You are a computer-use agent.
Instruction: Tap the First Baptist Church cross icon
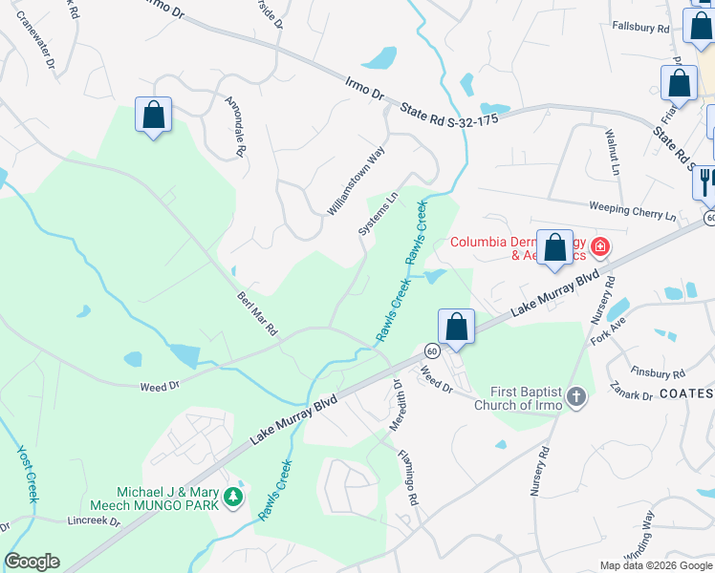(x=575, y=397)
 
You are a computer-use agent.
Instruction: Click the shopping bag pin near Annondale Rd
(x=153, y=116)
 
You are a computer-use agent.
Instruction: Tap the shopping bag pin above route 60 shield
(x=457, y=327)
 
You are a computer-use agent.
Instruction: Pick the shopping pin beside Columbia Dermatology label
(x=554, y=248)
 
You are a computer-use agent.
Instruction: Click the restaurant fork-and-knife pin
(x=704, y=181)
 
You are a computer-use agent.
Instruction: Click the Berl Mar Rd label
(x=257, y=313)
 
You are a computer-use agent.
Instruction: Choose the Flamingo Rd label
(x=408, y=478)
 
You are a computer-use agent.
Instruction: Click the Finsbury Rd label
(x=659, y=371)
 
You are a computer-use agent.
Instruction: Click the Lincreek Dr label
(x=95, y=522)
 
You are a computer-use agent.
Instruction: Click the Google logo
(x=32, y=562)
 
